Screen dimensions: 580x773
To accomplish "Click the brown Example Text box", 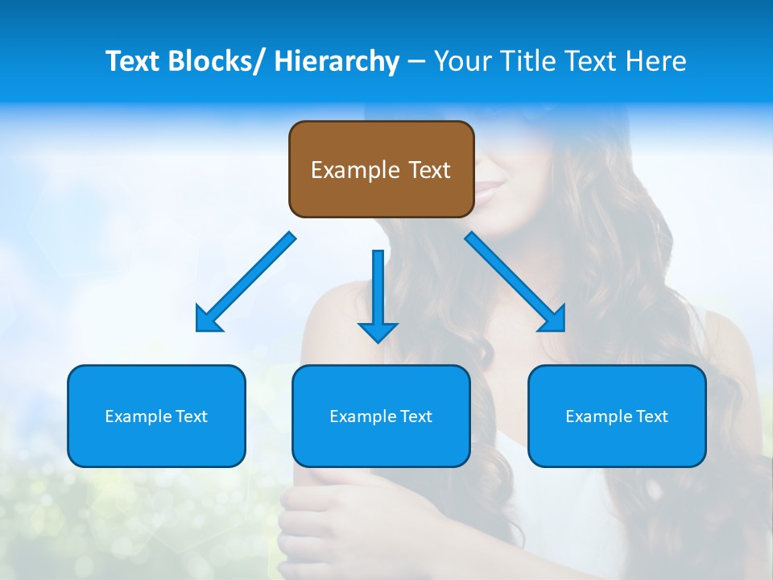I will click(x=381, y=169).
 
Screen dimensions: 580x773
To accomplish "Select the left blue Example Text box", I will click(x=156, y=416).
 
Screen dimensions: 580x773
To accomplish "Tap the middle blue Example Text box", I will click(x=381, y=416).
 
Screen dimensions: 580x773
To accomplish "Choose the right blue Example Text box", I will click(x=617, y=416).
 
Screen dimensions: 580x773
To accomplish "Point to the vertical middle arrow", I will click(x=378, y=290).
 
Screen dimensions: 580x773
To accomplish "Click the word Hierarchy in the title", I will click(x=336, y=61).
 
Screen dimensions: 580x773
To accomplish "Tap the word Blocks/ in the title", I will click(x=220, y=61).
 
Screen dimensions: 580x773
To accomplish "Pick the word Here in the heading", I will click(x=657, y=61).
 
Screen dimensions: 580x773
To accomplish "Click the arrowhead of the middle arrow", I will click(x=378, y=331).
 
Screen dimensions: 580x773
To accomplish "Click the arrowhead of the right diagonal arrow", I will click(x=552, y=318).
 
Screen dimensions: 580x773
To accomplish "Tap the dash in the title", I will click(x=416, y=61).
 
